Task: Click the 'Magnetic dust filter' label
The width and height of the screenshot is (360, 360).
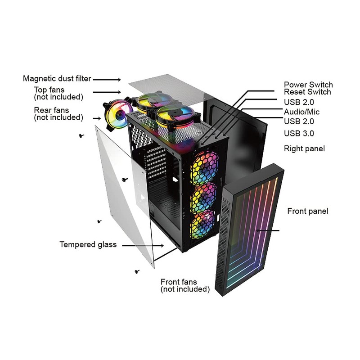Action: (x=57, y=79)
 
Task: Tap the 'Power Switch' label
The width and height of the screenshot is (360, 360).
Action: (x=308, y=85)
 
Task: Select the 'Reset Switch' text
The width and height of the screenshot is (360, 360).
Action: (x=307, y=92)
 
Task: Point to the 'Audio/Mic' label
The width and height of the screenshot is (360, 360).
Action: (x=302, y=112)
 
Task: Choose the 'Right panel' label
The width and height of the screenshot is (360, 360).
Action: (x=304, y=148)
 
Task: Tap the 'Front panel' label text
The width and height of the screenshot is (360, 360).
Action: (x=308, y=211)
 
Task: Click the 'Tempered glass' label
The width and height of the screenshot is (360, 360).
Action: (x=88, y=245)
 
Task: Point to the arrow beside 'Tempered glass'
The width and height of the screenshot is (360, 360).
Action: (x=143, y=246)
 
